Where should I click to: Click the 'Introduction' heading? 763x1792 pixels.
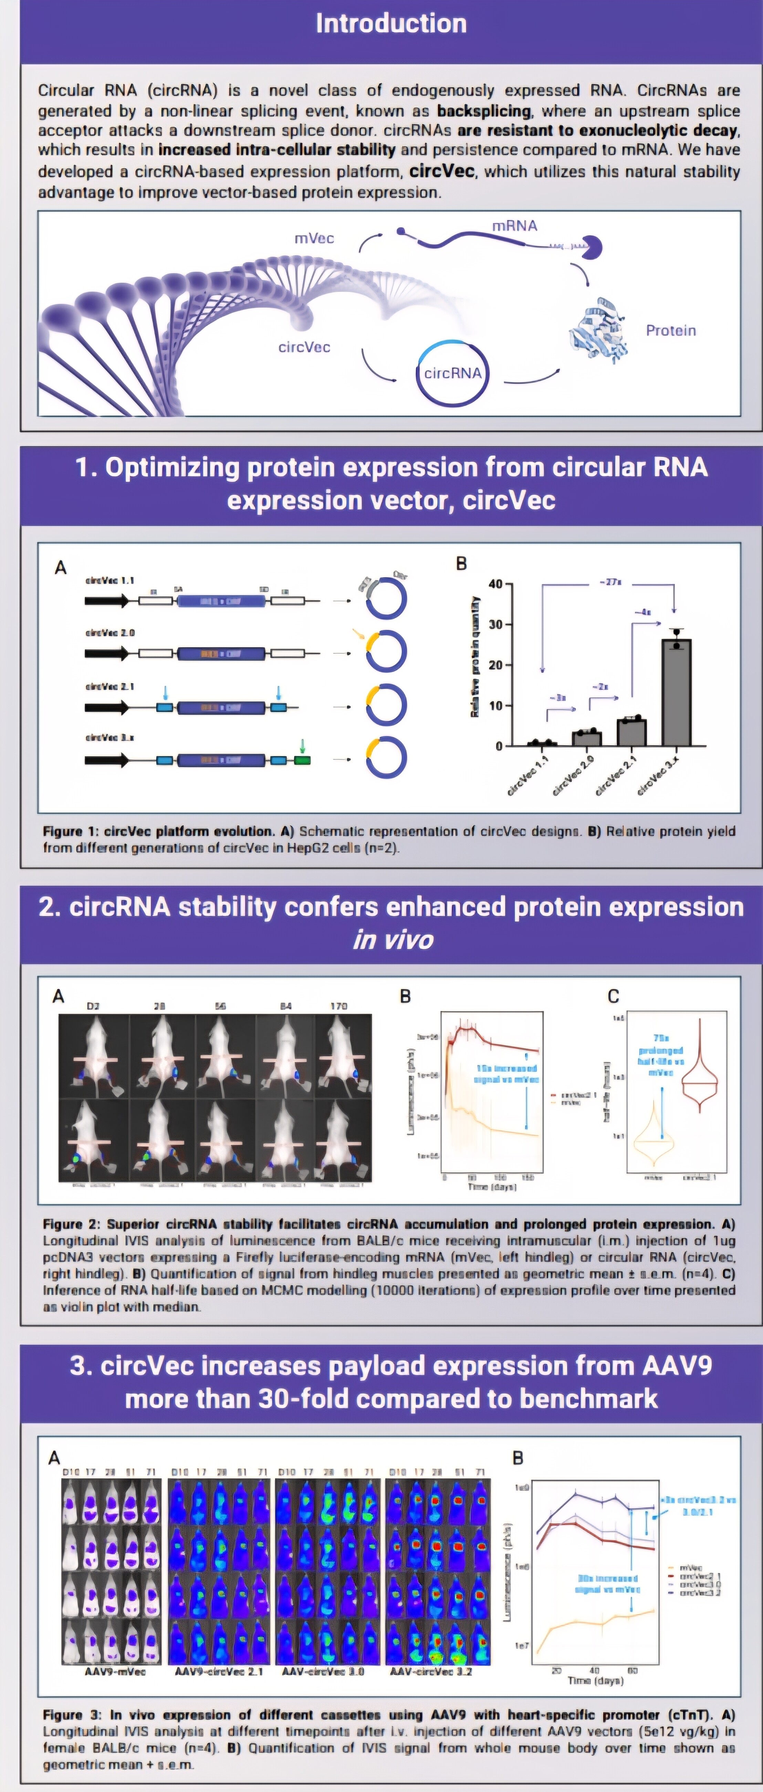(391, 24)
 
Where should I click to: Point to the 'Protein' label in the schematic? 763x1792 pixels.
(670, 331)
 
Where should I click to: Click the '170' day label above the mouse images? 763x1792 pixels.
(339, 1006)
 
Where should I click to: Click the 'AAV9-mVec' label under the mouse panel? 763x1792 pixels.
(115, 1670)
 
